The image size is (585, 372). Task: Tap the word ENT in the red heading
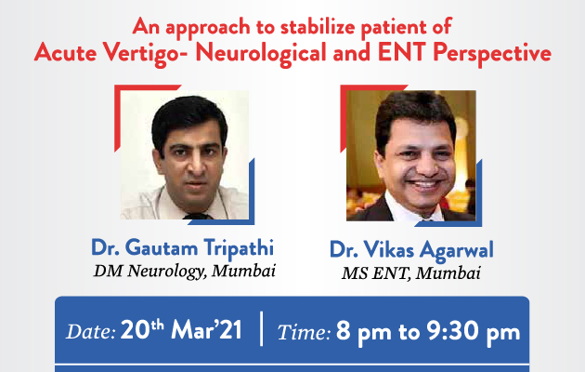point(401,52)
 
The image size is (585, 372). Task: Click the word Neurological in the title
point(261,53)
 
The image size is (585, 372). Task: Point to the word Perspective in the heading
point(492,54)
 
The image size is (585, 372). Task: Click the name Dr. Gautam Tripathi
point(182,248)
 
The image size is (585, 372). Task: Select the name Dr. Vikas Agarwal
point(411,250)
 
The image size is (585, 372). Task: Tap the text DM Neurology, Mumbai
point(185,272)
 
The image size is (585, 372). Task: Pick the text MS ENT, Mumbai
point(411,273)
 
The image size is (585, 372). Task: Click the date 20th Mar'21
point(181,330)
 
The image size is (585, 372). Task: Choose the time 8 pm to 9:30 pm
point(428,332)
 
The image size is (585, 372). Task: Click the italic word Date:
point(91,331)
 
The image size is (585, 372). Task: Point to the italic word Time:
point(304,332)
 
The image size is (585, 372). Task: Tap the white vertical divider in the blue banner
point(261,328)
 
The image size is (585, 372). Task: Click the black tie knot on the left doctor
point(197,216)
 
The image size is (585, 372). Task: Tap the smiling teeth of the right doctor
point(422,184)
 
